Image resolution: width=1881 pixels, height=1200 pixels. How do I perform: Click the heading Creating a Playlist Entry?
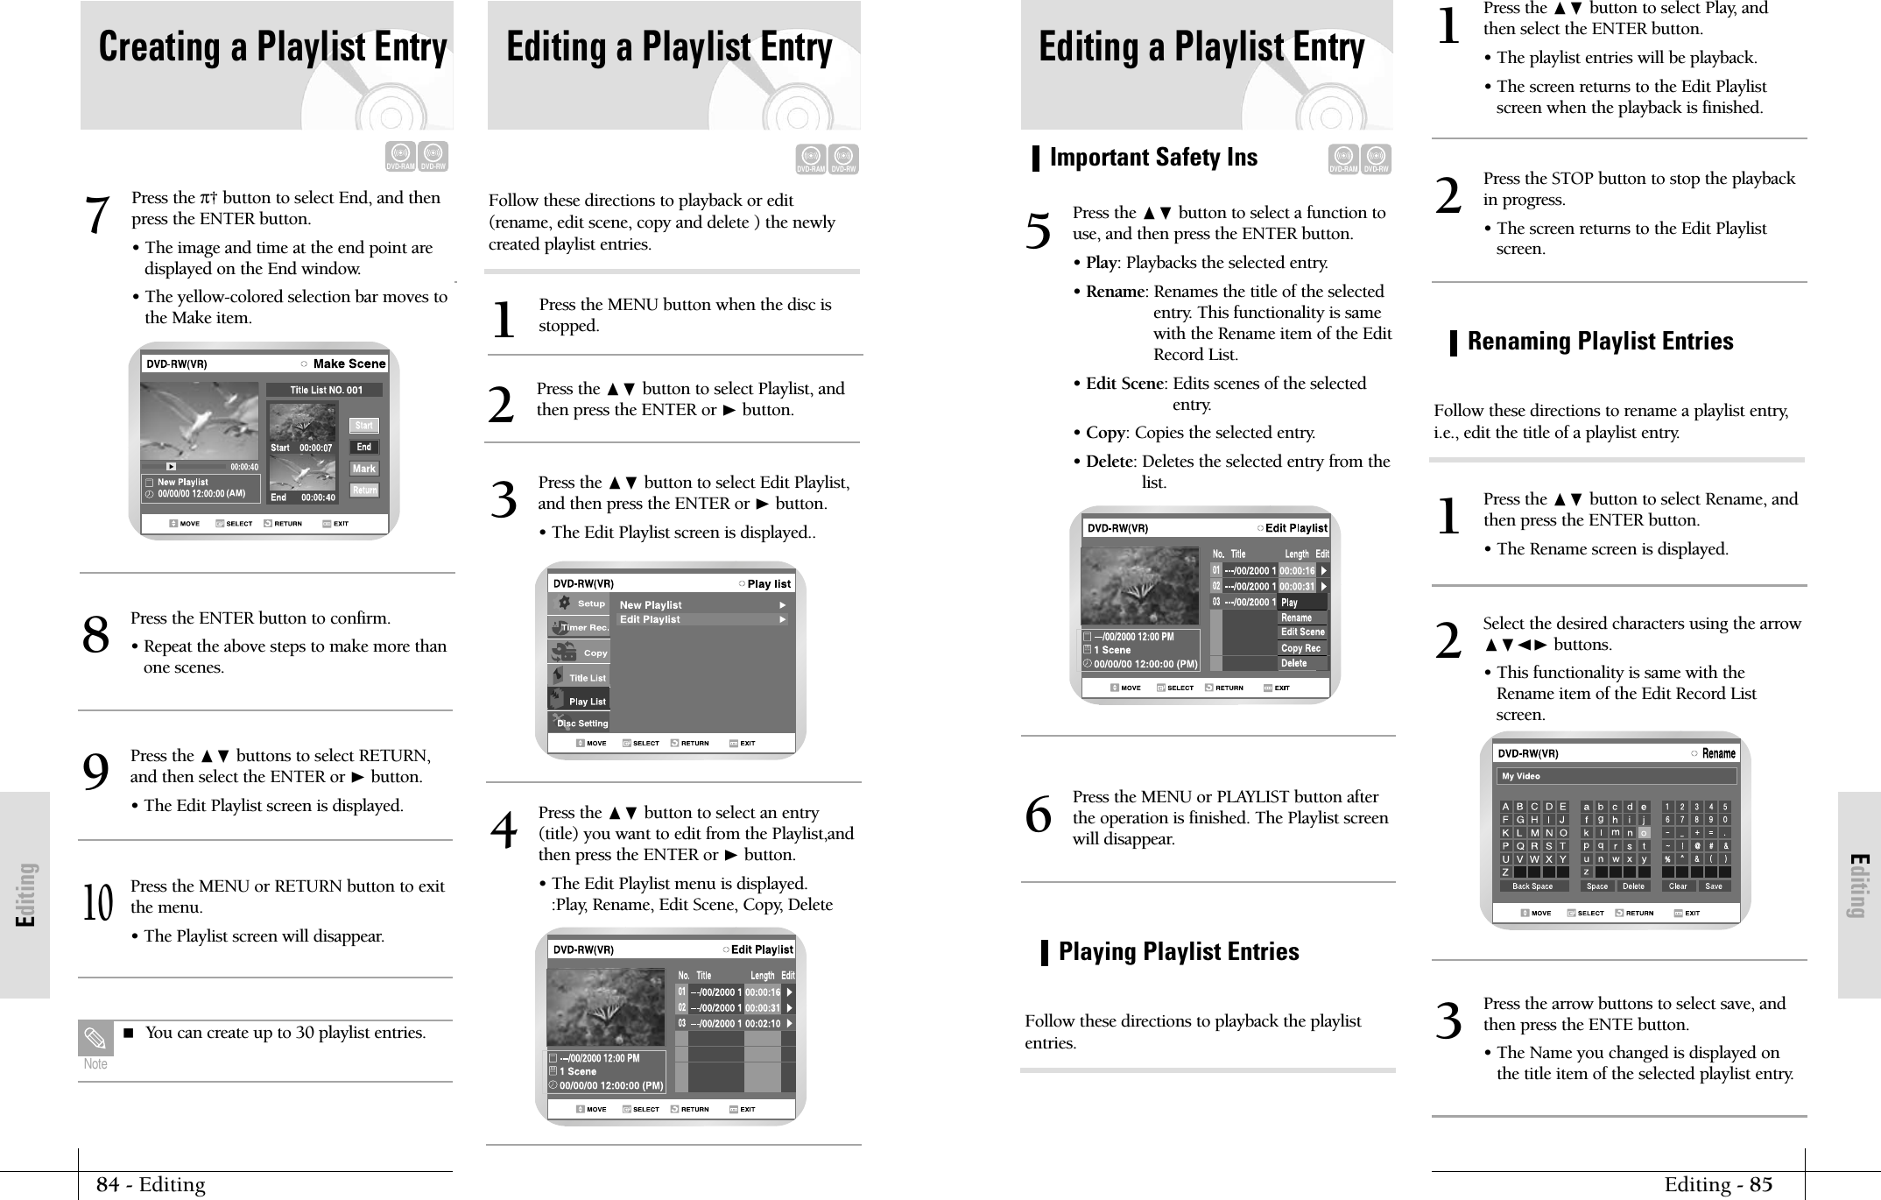272,47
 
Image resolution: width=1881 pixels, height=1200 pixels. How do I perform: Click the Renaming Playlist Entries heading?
1599,342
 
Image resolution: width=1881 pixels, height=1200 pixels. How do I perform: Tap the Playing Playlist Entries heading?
1178,952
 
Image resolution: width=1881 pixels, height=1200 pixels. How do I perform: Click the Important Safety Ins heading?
1152,158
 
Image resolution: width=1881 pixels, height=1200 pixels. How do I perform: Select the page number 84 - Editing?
151,1185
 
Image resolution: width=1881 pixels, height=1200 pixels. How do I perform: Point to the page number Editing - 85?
1717,1185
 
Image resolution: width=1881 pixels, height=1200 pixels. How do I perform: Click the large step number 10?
97,905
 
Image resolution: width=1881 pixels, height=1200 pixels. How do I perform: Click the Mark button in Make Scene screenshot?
364,469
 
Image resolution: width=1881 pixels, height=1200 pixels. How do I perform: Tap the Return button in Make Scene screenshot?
364,491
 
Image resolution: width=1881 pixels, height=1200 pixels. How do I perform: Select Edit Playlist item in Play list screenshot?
650,620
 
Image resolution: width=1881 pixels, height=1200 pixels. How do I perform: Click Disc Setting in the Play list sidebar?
581,724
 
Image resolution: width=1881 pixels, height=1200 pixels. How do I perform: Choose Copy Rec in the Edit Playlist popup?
1301,648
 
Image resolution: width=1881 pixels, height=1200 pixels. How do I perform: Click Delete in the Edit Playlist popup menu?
1294,664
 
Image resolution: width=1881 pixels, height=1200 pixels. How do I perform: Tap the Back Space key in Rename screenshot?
1532,886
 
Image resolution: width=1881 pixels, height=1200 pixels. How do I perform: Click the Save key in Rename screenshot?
1713,886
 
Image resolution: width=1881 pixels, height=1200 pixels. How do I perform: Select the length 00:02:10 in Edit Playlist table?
762,1023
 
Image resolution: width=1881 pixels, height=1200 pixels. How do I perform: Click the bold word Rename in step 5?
1115,292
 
